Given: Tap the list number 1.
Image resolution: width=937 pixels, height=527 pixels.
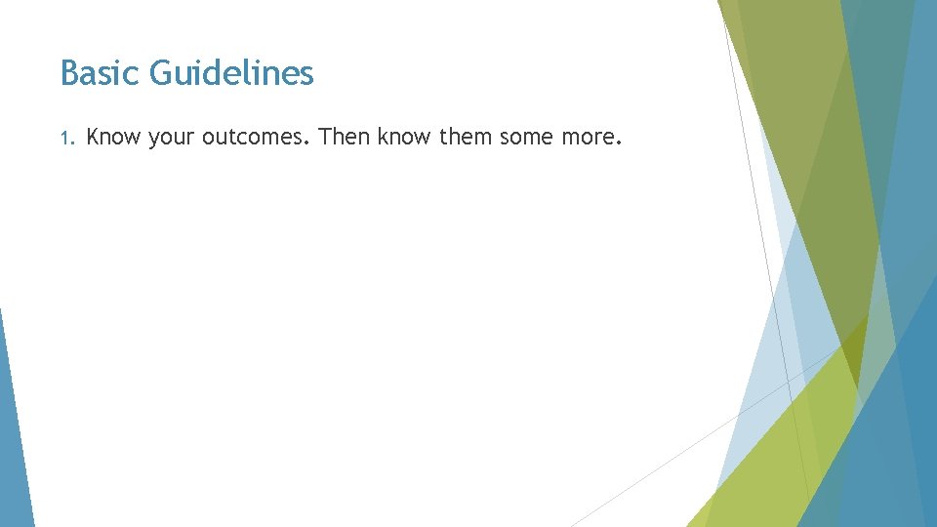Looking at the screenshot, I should point(65,139).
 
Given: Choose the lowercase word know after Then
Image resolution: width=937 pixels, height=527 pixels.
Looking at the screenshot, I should point(406,138).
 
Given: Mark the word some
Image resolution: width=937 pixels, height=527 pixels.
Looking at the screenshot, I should point(527,138).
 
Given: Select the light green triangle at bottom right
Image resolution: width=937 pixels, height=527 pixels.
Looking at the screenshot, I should point(771,459).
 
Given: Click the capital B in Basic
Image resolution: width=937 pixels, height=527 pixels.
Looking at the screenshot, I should point(67,73).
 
